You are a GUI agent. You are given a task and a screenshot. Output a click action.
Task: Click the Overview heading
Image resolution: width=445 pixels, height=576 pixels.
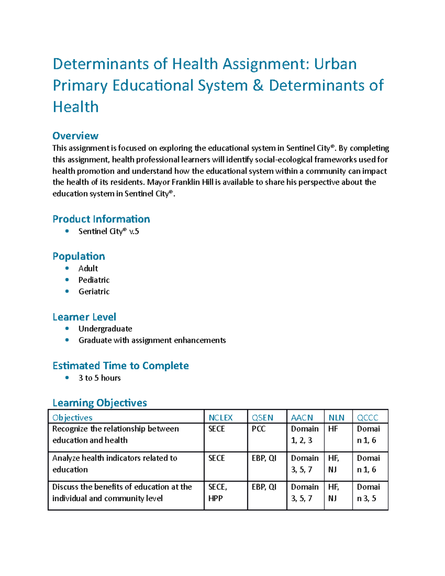(75, 136)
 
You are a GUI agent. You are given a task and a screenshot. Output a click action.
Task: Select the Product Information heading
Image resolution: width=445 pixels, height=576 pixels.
(101, 219)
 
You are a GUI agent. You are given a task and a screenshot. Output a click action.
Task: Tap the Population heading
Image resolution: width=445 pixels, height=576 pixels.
(79, 256)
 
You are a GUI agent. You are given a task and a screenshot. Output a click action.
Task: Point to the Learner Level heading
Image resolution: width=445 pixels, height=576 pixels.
(84, 317)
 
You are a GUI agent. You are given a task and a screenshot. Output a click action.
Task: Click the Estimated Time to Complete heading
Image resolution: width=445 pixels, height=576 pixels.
(121, 366)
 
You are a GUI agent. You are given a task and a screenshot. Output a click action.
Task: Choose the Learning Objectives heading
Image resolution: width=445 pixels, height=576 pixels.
(100, 403)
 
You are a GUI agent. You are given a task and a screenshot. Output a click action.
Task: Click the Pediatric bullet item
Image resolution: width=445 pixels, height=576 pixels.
(94, 280)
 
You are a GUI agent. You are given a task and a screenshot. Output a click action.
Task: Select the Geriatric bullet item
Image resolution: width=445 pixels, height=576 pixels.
(94, 292)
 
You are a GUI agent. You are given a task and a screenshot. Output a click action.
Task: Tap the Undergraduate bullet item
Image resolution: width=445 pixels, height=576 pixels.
(105, 329)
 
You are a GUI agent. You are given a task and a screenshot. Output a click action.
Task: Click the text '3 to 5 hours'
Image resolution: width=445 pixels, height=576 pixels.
(99, 378)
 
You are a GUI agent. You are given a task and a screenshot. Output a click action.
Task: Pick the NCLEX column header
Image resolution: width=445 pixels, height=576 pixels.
(220, 418)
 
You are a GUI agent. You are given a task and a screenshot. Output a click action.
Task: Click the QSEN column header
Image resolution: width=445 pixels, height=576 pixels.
(262, 418)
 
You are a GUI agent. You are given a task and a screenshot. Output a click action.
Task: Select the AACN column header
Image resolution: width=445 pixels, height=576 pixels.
(302, 418)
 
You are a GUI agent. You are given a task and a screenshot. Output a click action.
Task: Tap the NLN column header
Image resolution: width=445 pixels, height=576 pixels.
(336, 418)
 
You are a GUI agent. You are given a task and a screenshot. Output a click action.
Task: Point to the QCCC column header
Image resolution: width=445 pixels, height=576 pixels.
(367, 418)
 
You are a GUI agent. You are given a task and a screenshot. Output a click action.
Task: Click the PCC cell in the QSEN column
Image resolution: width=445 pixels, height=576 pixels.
(258, 429)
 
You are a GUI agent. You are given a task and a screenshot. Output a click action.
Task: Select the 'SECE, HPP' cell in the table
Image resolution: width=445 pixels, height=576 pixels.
(217, 493)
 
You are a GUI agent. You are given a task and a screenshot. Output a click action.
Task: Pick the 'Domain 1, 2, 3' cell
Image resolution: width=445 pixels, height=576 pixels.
(304, 434)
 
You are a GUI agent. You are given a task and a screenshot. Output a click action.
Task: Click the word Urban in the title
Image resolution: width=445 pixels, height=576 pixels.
(335, 64)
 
